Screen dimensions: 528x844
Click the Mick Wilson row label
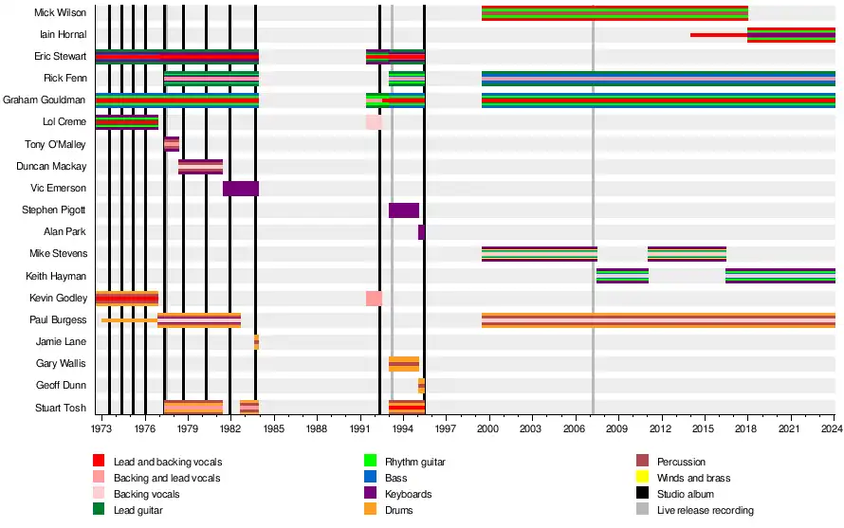click(x=60, y=13)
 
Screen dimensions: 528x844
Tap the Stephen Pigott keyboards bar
click(x=403, y=210)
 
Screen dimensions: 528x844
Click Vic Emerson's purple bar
click(x=240, y=189)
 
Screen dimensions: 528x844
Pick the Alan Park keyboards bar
click(x=421, y=232)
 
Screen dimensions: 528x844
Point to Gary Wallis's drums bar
click(x=403, y=364)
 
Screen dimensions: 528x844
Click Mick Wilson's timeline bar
click(x=614, y=13)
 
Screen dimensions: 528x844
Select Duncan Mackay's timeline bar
click(x=200, y=167)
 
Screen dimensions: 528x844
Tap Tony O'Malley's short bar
click(x=172, y=144)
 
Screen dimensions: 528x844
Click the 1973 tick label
click(x=101, y=428)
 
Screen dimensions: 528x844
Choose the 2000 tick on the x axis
click(x=487, y=428)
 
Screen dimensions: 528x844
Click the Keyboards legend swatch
click(x=371, y=494)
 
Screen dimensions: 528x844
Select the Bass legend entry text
click(x=395, y=478)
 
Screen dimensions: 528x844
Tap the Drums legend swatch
click(x=371, y=510)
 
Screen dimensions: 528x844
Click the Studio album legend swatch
click(x=642, y=494)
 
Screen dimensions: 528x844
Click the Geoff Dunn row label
click(x=62, y=386)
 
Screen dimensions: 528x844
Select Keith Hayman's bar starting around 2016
click(x=780, y=276)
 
